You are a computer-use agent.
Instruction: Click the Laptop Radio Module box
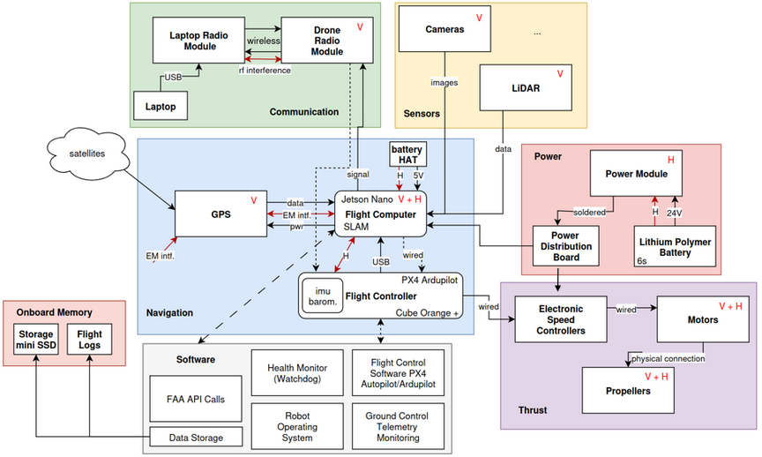point(192,40)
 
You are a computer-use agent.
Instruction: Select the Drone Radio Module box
point(326,40)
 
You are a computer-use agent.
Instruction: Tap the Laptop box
point(161,108)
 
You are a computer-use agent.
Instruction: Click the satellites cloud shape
point(86,154)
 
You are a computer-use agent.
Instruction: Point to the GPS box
point(220,213)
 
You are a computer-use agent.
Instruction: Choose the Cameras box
point(444,29)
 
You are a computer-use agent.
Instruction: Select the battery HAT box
point(407,154)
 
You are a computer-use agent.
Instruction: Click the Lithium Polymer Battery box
point(676,247)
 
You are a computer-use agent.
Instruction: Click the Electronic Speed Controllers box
point(561,318)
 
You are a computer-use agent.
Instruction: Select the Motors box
point(702,318)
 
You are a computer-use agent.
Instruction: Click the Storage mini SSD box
point(35,340)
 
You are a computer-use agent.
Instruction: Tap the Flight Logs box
point(90,340)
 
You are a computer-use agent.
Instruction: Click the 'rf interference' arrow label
point(264,70)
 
